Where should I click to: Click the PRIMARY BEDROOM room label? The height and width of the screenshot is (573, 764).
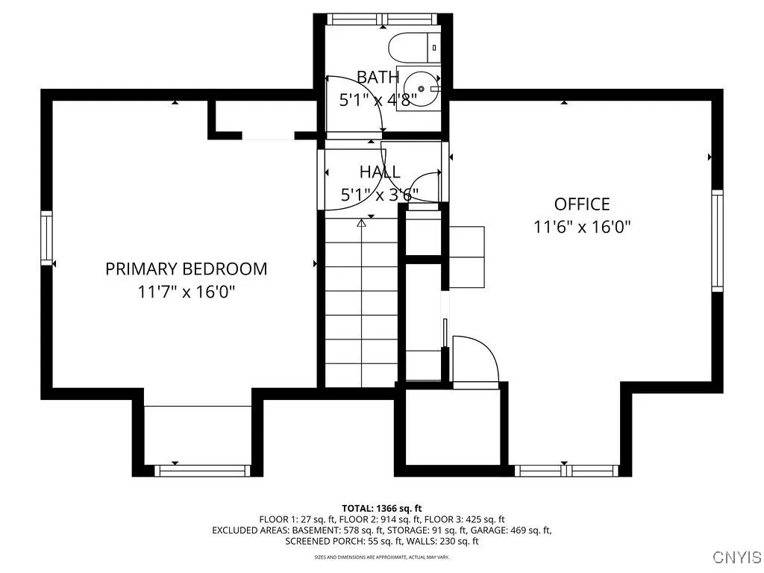click(x=186, y=269)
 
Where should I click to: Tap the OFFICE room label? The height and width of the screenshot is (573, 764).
click(x=582, y=204)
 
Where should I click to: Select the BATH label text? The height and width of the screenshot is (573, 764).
click(x=378, y=77)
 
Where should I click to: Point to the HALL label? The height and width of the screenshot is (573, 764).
click(x=380, y=172)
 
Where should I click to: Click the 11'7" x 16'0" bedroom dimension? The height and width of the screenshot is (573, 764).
click(x=186, y=292)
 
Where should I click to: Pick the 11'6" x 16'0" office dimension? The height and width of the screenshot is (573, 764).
click(x=582, y=227)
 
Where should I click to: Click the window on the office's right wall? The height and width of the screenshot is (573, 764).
click(x=717, y=239)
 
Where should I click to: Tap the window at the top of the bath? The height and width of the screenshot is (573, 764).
click(x=381, y=19)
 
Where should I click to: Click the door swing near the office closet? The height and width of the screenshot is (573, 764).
click(x=477, y=358)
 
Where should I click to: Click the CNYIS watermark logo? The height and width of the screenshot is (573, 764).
click(x=737, y=557)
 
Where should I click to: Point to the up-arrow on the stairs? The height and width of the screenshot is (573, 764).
click(x=362, y=222)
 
